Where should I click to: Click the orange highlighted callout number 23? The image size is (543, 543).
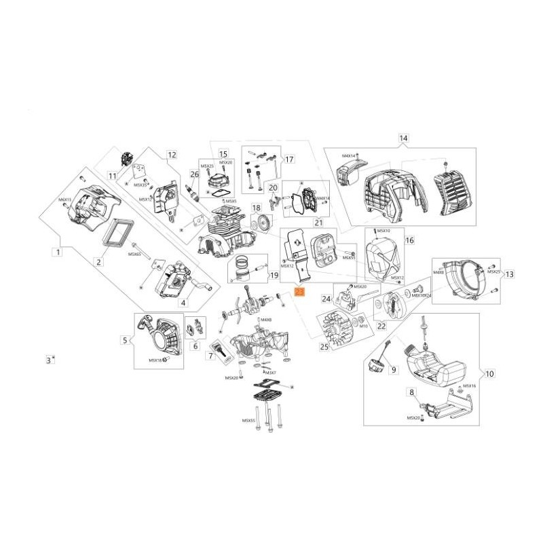pyautogui.click(x=300, y=292)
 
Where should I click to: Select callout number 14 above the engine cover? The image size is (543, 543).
pyautogui.click(x=403, y=138)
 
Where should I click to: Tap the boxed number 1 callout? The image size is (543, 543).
pyautogui.click(x=58, y=252)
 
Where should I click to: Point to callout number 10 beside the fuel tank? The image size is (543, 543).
pyautogui.click(x=490, y=373)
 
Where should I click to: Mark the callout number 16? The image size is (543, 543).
pyautogui.click(x=409, y=240)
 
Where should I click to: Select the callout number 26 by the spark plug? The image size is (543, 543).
pyautogui.click(x=194, y=174)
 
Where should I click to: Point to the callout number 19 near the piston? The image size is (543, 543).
pyautogui.click(x=274, y=276)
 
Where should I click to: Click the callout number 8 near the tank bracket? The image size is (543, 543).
pyautogui.click(x=411, y=392)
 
